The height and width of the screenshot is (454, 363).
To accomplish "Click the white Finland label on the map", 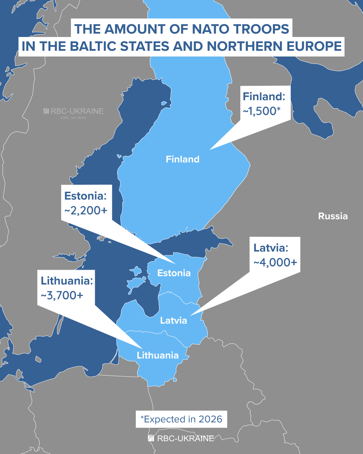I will pyautogui.click(x=183, y=159).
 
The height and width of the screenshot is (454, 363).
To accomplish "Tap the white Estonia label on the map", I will pyautogui.click(x=174, y=273).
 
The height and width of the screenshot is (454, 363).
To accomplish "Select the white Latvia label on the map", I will pyautogui.click(x=173, y=320).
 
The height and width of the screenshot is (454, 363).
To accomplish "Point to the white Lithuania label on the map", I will pyautogui.click(x=158, y=355).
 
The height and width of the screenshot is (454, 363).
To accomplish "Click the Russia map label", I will pyautogui.click(x=333, y=216).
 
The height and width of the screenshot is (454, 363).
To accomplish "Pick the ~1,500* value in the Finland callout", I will pyautogui.click(x=261, y=111).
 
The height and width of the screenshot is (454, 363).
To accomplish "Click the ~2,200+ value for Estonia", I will pyautogui.click(x=86, y=211).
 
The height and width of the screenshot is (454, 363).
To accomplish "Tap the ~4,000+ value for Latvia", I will pyautogui.click(x=275, y=262).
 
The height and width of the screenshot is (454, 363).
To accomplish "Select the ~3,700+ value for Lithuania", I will pyautogui.click(x=62, y=295).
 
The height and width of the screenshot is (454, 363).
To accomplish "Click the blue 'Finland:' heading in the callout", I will pyautogui.click(x=264, y=97).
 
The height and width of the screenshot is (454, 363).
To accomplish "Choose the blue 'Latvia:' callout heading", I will pyautogui.click(x=271, y=248).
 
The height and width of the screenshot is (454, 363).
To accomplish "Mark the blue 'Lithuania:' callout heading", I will pyautogui.click(x=67, y=281).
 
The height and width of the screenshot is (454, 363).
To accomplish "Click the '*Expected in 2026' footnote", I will pyautogui.click(x=181, y=419).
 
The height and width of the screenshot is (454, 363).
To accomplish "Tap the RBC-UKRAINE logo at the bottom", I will pyautogui.click(x=181, y=438).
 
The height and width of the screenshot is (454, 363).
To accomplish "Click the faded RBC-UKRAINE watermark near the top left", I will pyautogui.click(x=74, y=111).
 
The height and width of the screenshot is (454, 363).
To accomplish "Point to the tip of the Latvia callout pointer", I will pyautogui.click(x=191, y=315).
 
